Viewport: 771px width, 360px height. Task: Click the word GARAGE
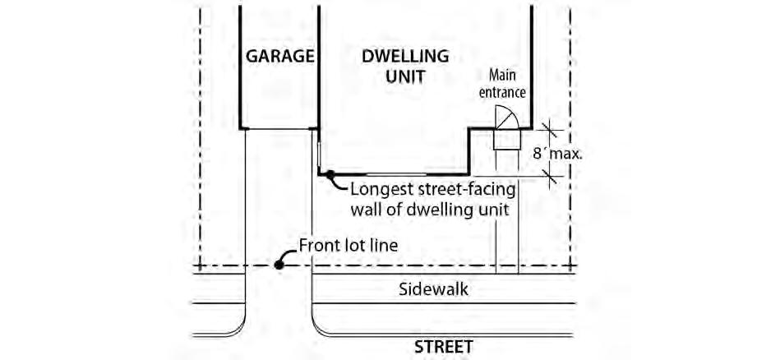coord(280,57)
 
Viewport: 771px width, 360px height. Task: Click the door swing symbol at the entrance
coord(506,120)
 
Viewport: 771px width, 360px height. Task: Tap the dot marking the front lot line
coord(280,265)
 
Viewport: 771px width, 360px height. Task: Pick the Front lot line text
coord(348,246)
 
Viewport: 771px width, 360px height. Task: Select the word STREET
coord(444,347)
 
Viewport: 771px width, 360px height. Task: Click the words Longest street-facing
coord(433,190)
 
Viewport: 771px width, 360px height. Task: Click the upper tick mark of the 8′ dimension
coord(550,129)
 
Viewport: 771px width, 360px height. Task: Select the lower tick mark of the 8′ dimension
coord(550,174)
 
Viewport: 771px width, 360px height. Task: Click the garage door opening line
coord(279,129)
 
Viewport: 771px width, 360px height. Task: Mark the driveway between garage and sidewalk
coord(279,205)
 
